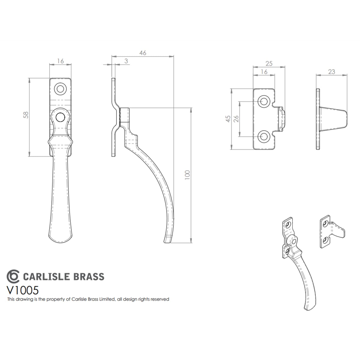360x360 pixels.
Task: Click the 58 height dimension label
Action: [26, 115]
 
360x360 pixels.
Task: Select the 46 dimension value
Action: [143, 53]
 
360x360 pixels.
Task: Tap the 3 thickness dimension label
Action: [126, 61]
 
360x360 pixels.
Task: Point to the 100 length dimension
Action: [187, 175]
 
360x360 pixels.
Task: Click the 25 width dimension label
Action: [269, 64]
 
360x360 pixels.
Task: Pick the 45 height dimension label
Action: [228, 119]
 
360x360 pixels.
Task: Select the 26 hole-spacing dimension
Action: [236, 119]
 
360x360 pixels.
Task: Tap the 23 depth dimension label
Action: [331, 72]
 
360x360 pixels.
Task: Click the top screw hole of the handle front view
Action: [60, 89]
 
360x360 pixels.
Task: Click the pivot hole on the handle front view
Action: [60, 117]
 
